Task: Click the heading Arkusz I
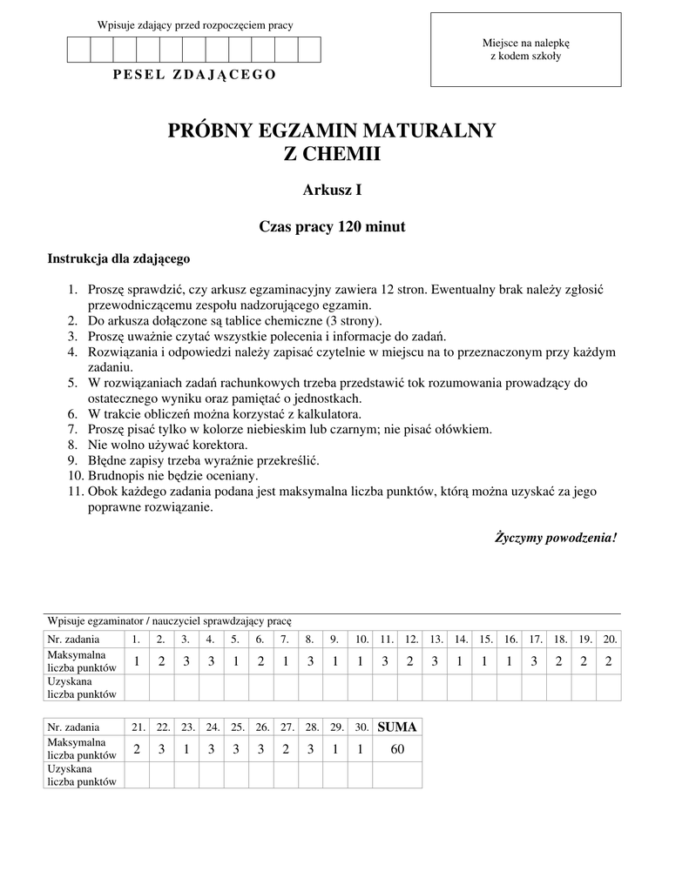coord(332,190)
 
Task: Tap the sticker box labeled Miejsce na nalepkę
coord(525,50)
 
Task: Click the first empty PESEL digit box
coord(79,50)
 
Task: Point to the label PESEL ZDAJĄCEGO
coord(195,74)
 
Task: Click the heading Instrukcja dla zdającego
coord(118,258)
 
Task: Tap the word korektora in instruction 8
coord(208,445)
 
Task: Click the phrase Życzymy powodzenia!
coord(556,537)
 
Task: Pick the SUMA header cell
coord(397,727)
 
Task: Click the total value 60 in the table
coord(397,749)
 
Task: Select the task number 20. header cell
coord(610,639)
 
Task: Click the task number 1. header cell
coord(137,639)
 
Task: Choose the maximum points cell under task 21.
coord(137,749)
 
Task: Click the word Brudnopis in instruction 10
coord(116,477)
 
